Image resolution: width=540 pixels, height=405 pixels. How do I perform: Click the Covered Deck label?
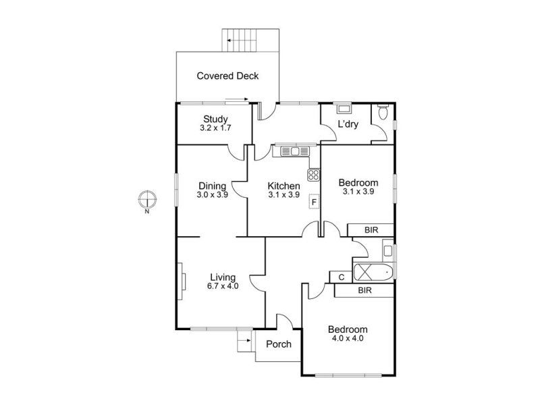(227, 76)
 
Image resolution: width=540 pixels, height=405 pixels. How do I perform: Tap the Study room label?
(215, 119)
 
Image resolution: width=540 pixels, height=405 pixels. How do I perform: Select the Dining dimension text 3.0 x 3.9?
(212, 194)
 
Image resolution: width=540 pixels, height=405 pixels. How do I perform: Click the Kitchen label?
(283, 186)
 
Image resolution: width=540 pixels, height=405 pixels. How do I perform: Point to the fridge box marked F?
(314, 202)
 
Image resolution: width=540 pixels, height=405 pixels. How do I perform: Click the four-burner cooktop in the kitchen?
(314, 175)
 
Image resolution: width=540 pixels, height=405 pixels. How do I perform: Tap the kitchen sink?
(295, 151)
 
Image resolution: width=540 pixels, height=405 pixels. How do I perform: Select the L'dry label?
(348, 124)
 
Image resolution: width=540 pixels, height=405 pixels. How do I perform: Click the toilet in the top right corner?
(383, 111)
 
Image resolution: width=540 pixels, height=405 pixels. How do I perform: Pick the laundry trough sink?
(344, 109)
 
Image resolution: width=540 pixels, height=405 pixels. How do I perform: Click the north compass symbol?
(147, 199)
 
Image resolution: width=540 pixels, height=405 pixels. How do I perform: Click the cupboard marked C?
(341, 277)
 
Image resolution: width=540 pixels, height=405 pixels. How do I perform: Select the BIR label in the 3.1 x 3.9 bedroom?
(371, 230)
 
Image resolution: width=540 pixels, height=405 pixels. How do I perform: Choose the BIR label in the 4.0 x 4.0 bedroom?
(365, 290)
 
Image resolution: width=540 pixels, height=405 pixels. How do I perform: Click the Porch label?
(279, 344)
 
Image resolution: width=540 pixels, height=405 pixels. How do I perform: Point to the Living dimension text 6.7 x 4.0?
(223, 286)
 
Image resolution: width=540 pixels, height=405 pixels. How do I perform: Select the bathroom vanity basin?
(387, 250)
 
